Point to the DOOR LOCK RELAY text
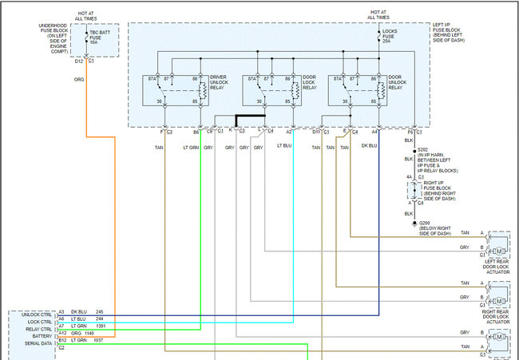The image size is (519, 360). point(310,82)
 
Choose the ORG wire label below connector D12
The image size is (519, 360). point(79,80)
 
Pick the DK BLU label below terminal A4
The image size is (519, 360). point(369,146)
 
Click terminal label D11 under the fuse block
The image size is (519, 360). point(316,131)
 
